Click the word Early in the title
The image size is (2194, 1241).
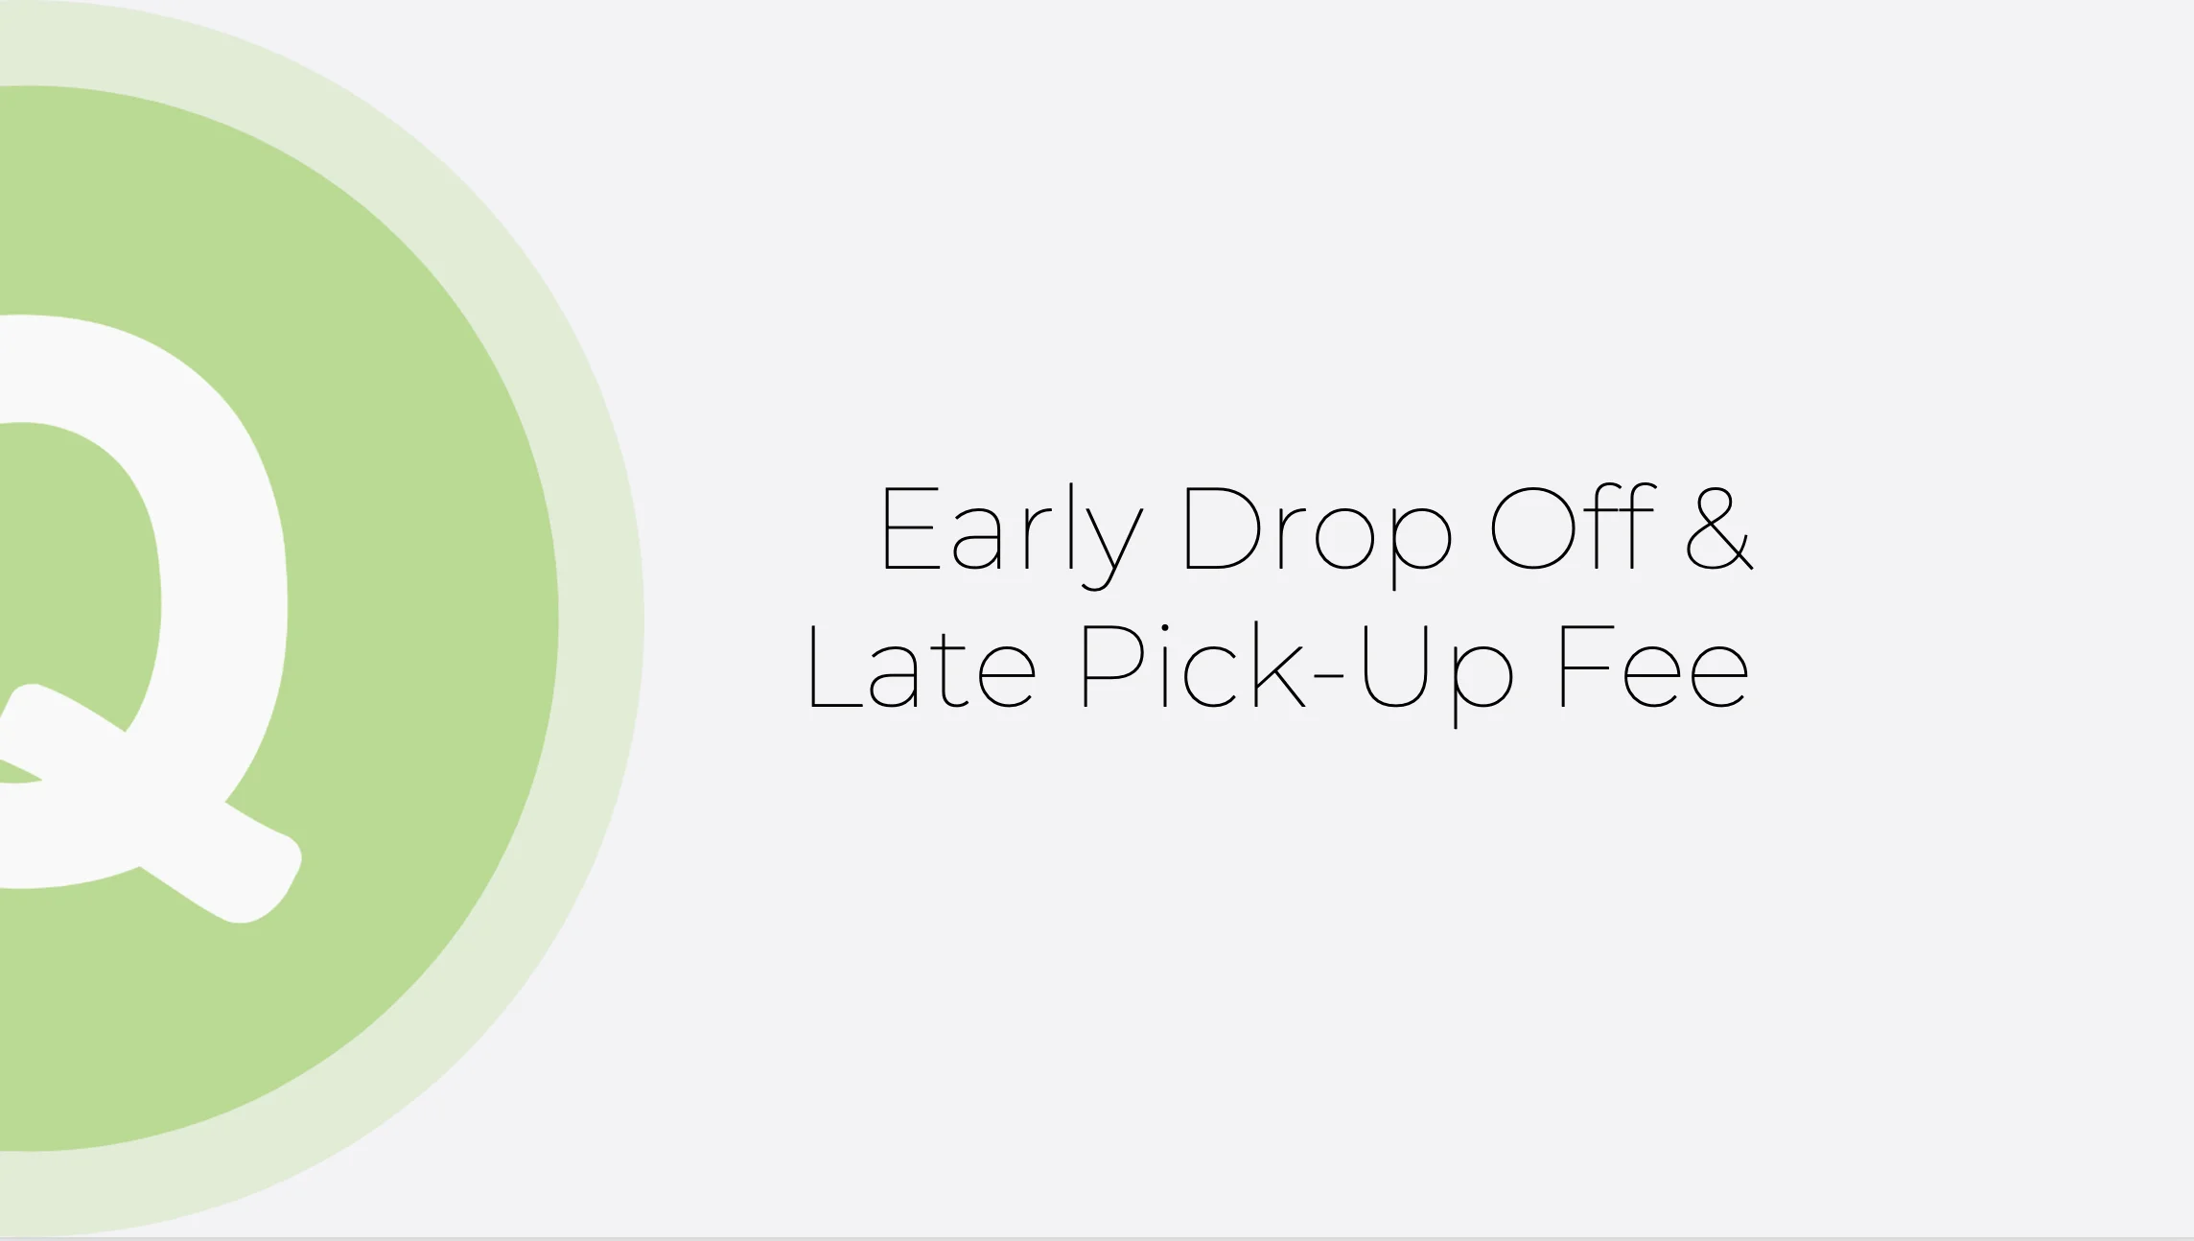coord(1011,530)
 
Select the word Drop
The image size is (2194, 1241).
coord(1318,530)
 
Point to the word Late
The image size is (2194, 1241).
coord(922,667)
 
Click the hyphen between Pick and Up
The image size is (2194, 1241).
coord(1329,676)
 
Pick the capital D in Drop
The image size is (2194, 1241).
coord(1223,528)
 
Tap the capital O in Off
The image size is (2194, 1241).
coord(1532,528)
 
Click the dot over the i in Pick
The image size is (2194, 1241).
coord(1165,628)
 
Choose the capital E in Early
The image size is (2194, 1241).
coord(909,528)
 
